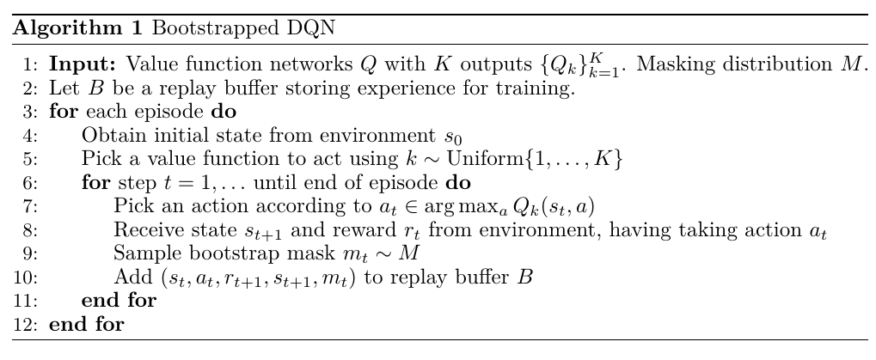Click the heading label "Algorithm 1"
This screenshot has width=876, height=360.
coord(78,27)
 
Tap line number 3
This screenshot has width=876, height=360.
coord(32,111)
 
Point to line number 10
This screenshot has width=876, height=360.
coord(28,278)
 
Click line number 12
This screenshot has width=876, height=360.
coord(28,325)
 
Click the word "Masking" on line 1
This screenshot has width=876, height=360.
coord(665,64)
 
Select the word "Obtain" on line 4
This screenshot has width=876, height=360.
coord(108,135)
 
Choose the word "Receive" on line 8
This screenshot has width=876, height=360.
coord(144,230)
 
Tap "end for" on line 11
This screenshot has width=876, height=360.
coord(118,301)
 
